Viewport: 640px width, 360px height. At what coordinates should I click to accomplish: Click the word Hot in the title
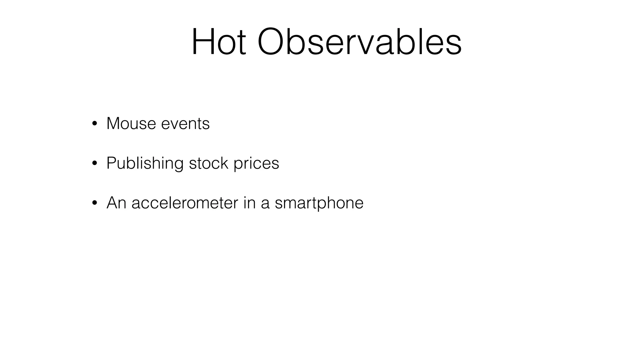[x=219, y=42]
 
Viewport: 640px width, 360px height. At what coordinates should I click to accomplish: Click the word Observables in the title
[x=359, y=42]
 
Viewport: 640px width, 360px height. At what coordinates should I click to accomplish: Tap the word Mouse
[x=131, y=123]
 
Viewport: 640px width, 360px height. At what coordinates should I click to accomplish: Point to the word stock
[x=208, y=163]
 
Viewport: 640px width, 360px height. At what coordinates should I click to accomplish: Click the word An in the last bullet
[x=116, y=203]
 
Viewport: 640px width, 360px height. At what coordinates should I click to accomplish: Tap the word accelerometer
[x=185, y=203]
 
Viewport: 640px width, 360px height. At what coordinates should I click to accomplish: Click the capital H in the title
[x=203, y=42]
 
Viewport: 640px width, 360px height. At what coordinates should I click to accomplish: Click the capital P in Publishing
[x=111, y=163]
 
